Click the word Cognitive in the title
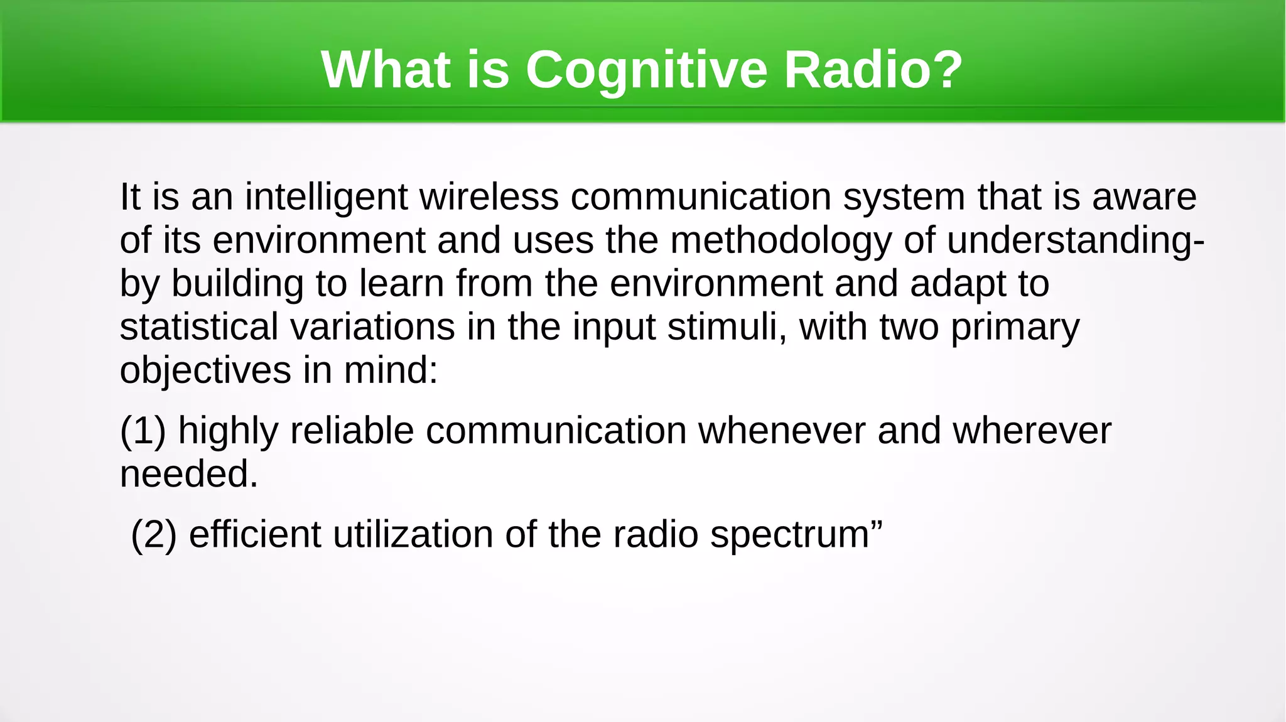coord(646,70)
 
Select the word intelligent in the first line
coord(327,197)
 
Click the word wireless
coord(489,197)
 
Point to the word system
coord(904,198)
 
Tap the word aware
coord(1144,198)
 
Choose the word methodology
coord(781,242)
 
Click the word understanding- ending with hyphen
coord(1075,242)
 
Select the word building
coord(237,284)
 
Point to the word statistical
coord(199,327)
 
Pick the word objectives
coord(205,371)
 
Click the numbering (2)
coord(154,535)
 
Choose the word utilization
coord(413,535)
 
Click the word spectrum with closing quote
coord(796,536)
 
